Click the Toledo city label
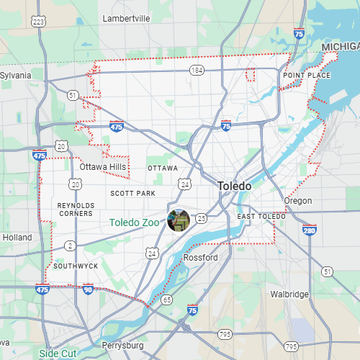coord(235,186)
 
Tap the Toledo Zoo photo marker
coord(178,220)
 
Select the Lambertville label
coord(126,18)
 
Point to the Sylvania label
coord(16,75)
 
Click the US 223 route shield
coord(39,22)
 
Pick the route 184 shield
coord(197,70)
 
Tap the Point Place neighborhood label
coord(307,75)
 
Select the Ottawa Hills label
coord(103,167)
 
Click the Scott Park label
coord(132,193)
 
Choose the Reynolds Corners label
coord(76,209)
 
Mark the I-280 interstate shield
coord(309,230)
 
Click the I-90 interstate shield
coord(88,289)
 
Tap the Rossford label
coord(201,257)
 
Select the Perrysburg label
coord(123,346)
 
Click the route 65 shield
coord(167,299)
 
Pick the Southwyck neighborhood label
coord(76,266)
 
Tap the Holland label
coord(17,237)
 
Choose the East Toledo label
coord(261,216)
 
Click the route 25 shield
coord(201,218)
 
